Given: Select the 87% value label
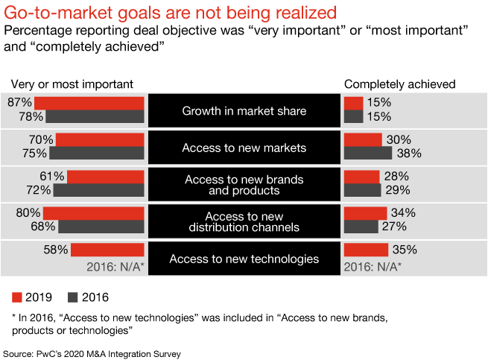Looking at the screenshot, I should coord(20,103).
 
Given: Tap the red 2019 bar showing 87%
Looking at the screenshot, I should coord(89,103).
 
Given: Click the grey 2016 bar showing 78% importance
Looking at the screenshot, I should coord(94,116).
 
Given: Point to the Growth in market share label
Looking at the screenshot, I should coord(244,112).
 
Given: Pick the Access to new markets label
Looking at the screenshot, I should coord(244,148).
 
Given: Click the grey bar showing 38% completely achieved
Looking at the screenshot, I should coord(368,154).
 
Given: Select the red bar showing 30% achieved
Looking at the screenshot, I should coord(363,140).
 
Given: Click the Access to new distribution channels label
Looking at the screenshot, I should coord(244,221).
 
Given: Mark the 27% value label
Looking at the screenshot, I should coord(394,227).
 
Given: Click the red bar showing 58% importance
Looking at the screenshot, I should coord(107,250).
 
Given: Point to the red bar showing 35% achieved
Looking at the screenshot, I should coord(366,250).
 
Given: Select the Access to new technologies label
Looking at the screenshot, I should coord(244,259).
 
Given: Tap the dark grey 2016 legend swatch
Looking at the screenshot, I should coord(73,297).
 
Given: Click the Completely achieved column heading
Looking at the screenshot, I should coord(399,84).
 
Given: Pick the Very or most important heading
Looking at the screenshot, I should coord(71,84).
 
